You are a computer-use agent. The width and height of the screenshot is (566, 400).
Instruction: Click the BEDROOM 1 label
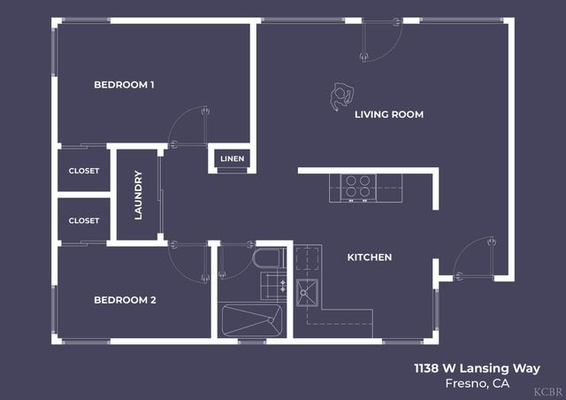[125, 85]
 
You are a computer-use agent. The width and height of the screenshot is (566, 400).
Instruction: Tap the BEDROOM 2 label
[125, 300]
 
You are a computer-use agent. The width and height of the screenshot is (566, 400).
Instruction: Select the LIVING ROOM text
[389, 114]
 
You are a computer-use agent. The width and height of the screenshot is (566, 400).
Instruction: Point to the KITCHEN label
[369, 258]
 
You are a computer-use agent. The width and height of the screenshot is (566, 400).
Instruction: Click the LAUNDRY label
[139, 195]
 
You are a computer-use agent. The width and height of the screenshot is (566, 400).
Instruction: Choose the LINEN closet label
[233, 159]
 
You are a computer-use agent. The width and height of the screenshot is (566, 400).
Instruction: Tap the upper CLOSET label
[84, 171]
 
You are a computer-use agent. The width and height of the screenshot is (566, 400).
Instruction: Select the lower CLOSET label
[84, 220]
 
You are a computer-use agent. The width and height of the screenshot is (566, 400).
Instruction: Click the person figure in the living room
[340, 96]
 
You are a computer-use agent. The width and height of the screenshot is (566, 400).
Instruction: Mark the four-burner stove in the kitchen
[357, 187]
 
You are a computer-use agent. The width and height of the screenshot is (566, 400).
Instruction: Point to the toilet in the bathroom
[266, 258]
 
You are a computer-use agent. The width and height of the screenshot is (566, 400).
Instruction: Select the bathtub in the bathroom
[251, 319]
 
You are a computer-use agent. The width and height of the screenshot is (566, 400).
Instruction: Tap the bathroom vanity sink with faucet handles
[273, 285]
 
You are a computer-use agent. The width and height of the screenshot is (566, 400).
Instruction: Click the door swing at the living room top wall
[380, 41]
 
